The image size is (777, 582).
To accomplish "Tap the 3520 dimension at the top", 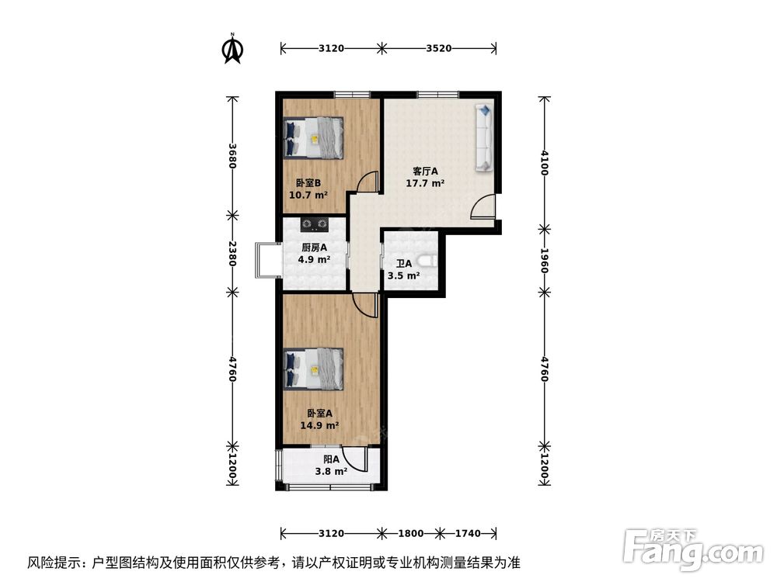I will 439,48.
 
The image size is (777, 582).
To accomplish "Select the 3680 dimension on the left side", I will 232,156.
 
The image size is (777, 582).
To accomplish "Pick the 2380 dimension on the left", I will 232,254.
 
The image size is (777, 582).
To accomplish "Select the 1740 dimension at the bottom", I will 468,534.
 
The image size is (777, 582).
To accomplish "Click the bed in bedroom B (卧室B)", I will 314,137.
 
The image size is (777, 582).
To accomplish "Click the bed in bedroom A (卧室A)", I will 314,368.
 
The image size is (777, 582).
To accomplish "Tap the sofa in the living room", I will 483,137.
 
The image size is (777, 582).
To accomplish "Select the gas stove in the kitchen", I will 315,226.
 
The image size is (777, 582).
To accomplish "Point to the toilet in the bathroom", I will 426,262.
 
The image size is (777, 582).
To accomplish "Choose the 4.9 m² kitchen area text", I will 314,260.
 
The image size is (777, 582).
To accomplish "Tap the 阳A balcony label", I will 331,459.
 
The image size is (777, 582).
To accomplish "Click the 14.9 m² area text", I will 319,425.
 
